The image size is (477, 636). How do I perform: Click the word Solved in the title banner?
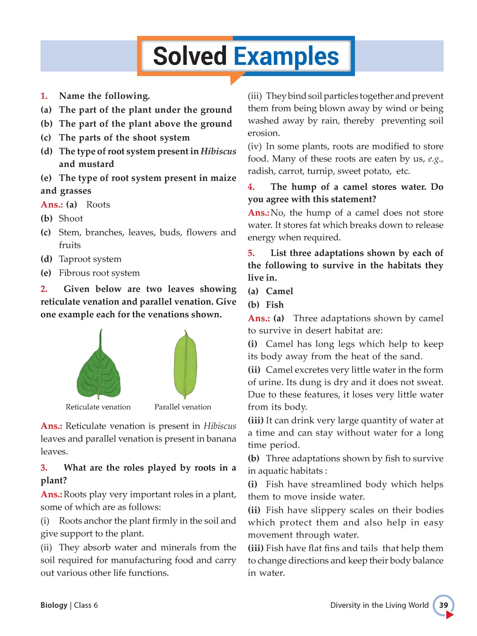pos(190,56)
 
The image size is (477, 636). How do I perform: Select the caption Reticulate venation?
pos(98,407)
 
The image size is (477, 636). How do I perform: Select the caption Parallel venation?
pos(183,407)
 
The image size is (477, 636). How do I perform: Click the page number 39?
pos(443,605)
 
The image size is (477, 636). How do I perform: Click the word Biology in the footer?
pos(54,605)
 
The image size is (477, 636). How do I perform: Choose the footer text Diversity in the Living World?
pos(379,605)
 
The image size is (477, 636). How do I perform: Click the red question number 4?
pos(251,187)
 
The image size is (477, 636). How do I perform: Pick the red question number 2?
pos(44,289)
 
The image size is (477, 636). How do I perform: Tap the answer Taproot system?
pos(90,259)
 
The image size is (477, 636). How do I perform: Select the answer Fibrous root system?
pos(99,273)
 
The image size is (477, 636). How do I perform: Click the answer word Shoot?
pos(71,219)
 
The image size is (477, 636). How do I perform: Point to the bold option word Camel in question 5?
pos(279,291)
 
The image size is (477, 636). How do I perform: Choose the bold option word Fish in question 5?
pos(275,305)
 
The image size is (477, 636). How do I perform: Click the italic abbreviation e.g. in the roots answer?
pos(435,159)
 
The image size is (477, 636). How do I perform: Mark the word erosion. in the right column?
pos(263,133)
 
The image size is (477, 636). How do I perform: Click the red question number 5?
pos(251,253)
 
